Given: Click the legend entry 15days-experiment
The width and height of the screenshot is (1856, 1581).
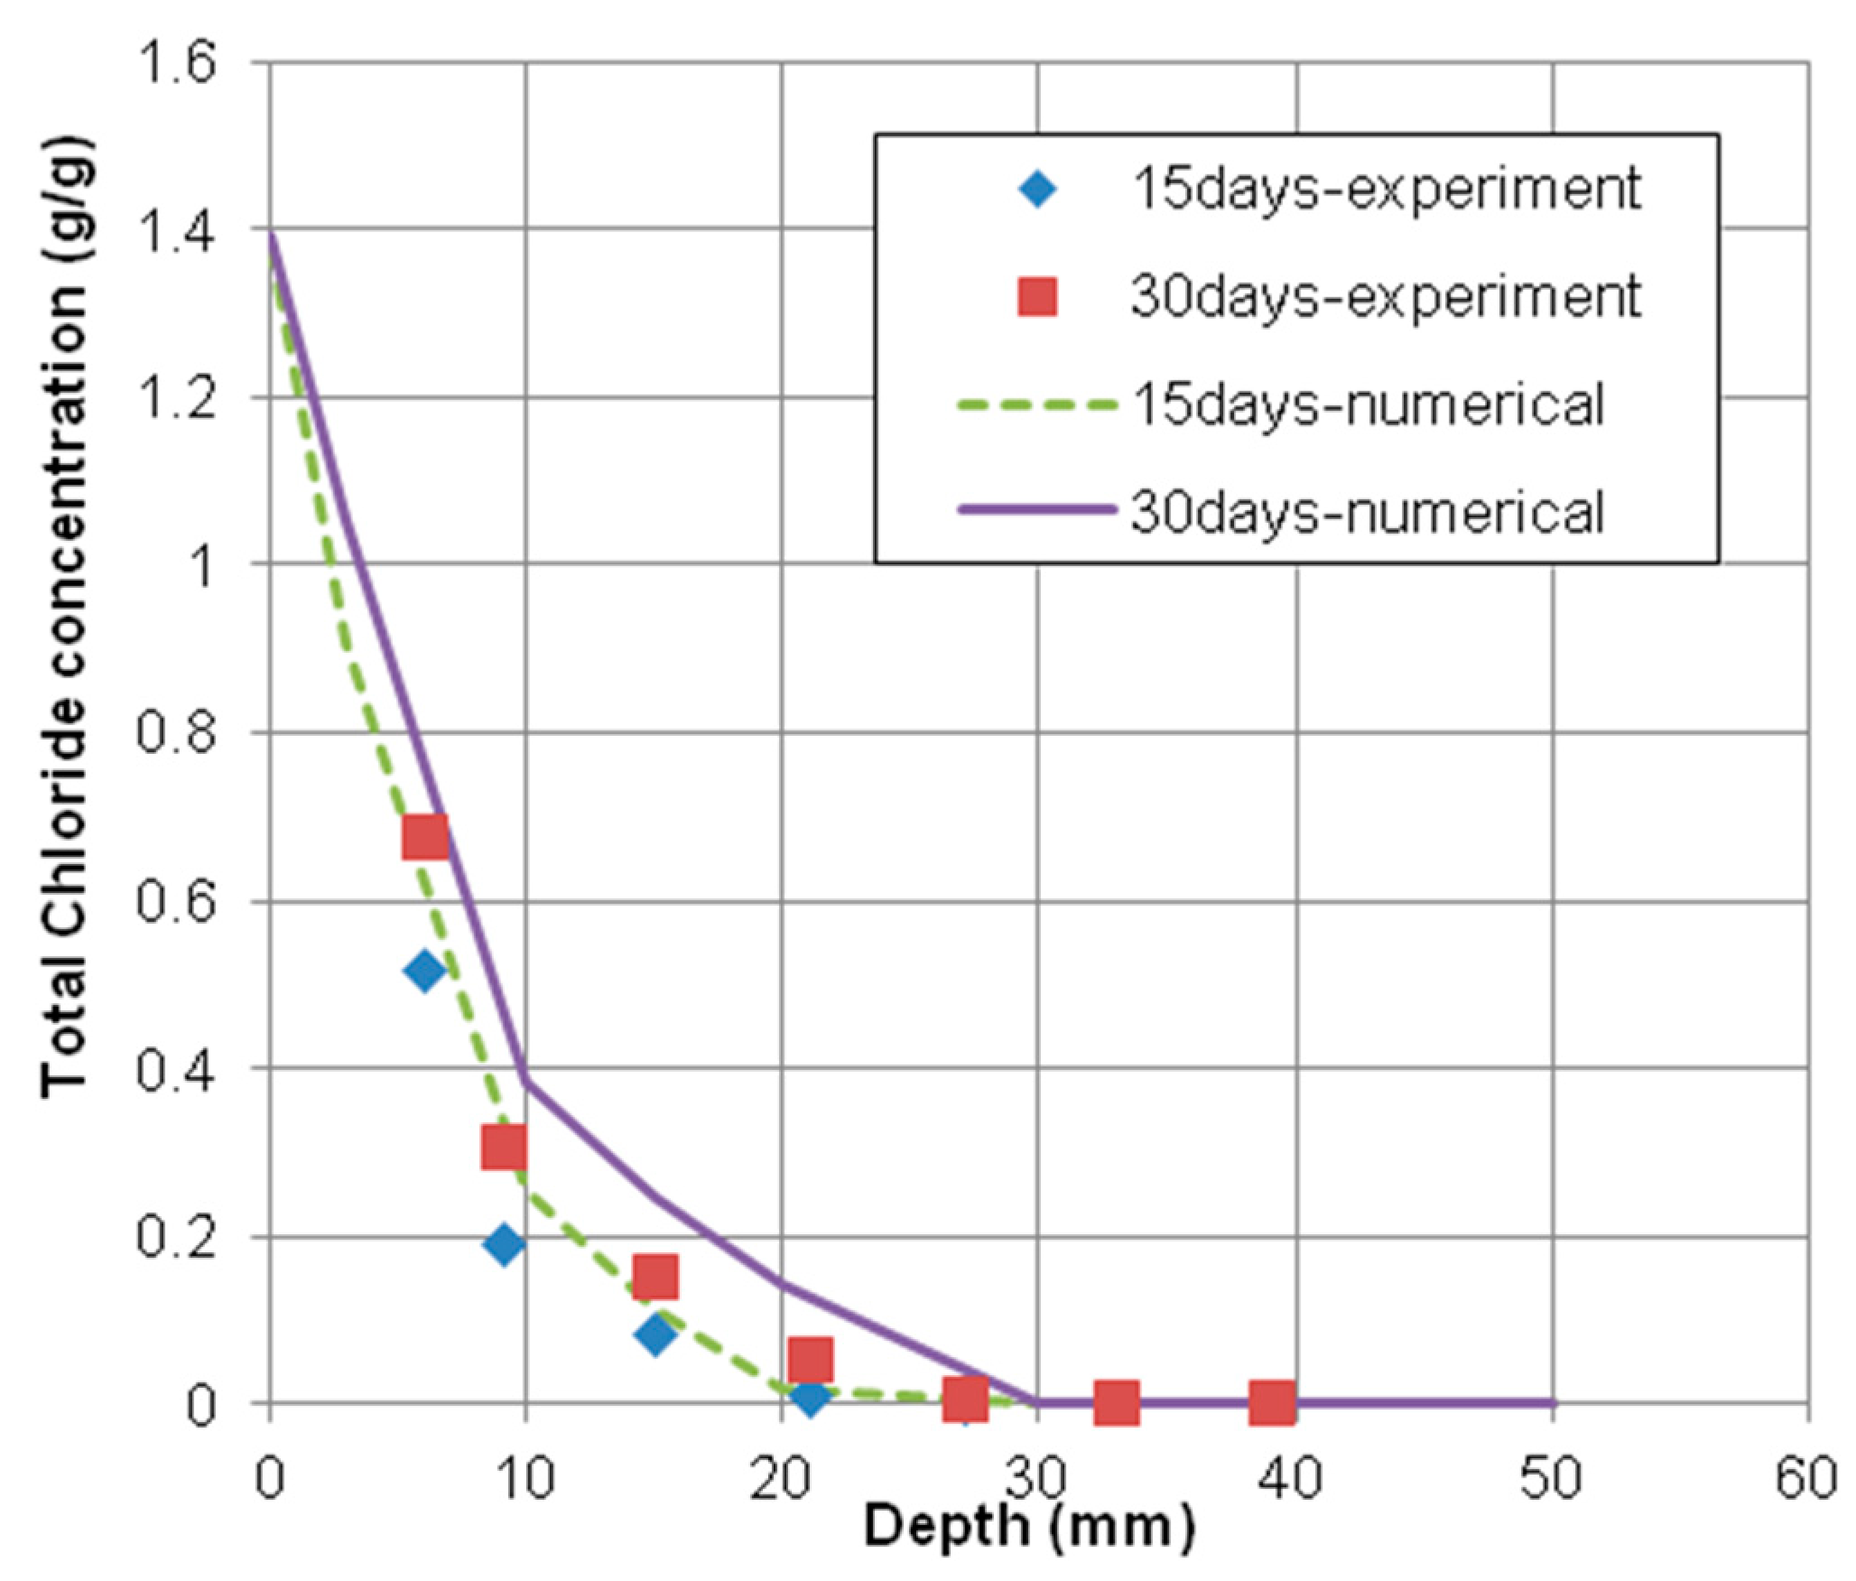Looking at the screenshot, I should (1385, 189).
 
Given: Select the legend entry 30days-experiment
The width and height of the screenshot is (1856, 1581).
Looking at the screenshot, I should (1385, 296).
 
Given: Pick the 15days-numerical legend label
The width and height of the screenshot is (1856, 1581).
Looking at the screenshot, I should (1367, 405).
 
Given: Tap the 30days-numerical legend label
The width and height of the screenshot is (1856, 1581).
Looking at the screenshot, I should (1367, 512).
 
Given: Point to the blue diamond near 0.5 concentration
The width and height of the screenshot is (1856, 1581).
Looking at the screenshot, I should (424, 972).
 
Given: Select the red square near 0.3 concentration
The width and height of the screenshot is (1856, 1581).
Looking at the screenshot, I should (503, 1147).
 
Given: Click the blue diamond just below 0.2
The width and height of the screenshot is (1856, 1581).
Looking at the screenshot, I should (504, 1245).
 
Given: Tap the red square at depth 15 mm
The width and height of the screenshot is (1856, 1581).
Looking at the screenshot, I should (654, 1276).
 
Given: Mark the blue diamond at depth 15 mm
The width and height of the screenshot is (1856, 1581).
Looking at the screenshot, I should (654, 1334).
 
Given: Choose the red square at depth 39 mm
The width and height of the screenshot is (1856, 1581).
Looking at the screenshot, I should (1272, 1402).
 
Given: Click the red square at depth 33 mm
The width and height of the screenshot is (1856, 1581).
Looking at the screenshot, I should (1116, 1402).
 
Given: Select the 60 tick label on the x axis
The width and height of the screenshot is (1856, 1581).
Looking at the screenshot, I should (1805, 1479).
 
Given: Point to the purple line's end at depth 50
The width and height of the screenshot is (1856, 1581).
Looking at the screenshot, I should (1552, 1403).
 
